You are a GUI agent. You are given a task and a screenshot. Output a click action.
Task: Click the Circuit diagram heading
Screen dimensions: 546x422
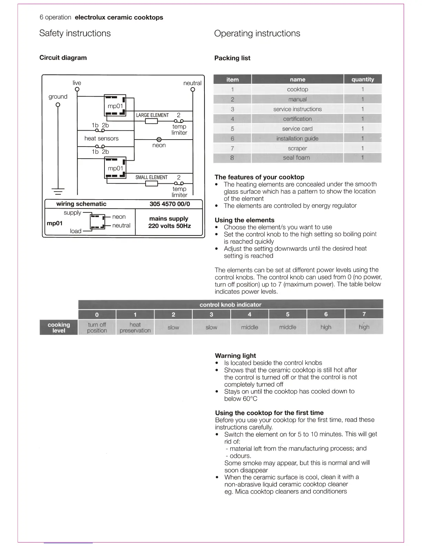point(63,58)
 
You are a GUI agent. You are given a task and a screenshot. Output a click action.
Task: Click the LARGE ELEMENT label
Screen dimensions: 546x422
point(152,115)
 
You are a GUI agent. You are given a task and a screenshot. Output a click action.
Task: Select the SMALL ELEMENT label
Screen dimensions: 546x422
point(151,177)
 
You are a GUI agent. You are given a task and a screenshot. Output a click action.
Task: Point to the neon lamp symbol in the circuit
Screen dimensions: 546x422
point(159,140)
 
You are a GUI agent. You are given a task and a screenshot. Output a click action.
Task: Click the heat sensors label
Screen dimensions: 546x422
point(101,138)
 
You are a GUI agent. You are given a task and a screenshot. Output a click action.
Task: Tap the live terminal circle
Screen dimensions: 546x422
point(77,90)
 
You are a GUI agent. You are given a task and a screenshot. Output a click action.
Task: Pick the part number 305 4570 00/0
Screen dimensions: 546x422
point(170,204)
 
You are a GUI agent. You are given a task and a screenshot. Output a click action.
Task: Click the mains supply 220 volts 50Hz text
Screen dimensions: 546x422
point(169,222)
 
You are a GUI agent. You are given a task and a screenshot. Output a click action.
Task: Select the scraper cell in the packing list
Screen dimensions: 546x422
point(297,148)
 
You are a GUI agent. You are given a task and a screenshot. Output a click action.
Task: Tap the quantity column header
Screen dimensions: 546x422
point(363,79)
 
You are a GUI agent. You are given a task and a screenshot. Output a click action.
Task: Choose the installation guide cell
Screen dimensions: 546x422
point(297,139)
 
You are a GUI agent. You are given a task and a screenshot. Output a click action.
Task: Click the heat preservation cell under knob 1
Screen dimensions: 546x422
point(135,327)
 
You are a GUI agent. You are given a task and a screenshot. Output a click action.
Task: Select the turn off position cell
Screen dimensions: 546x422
point(97,327)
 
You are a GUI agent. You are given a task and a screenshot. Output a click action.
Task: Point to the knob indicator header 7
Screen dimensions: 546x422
point(364,314)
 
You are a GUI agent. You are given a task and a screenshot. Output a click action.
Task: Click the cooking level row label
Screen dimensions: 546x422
point(59,327)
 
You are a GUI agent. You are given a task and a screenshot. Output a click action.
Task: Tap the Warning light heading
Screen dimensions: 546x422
point(235,355)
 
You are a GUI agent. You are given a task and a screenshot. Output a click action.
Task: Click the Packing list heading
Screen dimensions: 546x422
point(232,58)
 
